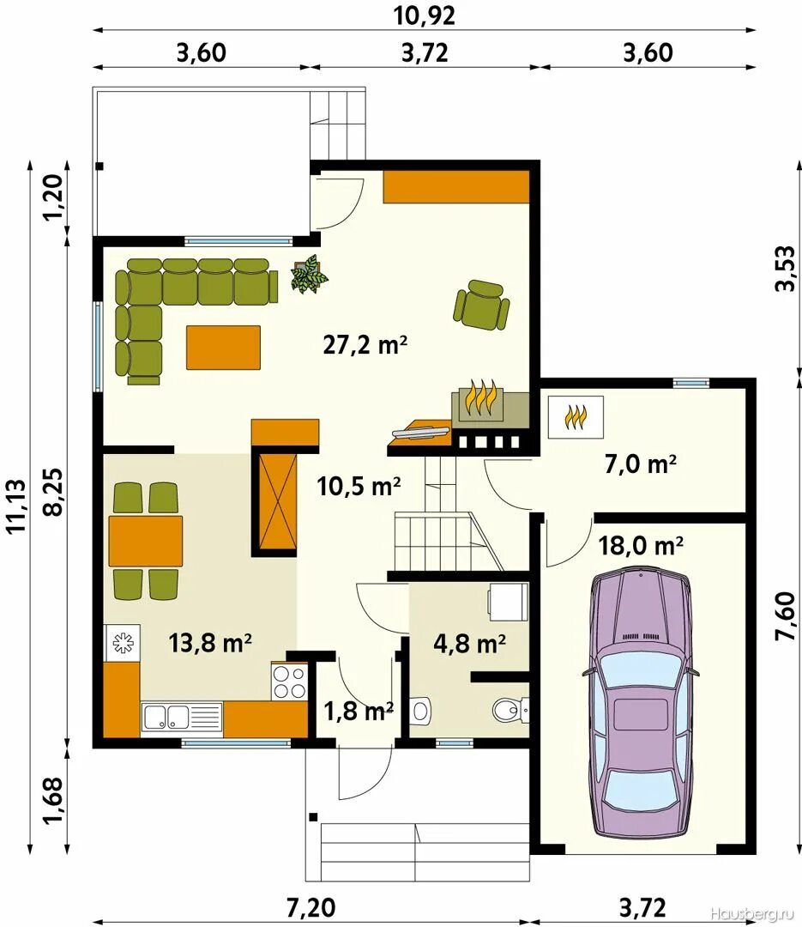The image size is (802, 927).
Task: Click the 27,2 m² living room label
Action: (x=365, y=344)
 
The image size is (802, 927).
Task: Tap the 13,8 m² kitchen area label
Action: (x=210, y=643)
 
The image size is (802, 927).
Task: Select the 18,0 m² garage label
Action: (x=642, y=545)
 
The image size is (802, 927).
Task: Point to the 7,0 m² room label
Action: (x=641, y=464)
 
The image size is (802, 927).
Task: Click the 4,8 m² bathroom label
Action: (x=470, y=643)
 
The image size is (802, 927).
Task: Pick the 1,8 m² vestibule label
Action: (x=359, y=710)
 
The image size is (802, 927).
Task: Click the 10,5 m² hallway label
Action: (x=359, y=487)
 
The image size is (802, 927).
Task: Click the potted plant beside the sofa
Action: (x=309, y=273)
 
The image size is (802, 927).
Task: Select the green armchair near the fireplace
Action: (x=482, y=305)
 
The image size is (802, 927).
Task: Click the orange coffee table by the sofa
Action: (x=223, y=347)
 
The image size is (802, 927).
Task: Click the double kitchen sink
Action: (x=182, y=719)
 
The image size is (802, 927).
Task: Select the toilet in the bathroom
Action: (x=510, y=710)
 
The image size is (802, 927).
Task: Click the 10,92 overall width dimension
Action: (x=425, y=16)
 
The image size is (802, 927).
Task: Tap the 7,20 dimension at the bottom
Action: (x=311, y=907)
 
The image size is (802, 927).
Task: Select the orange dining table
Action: (x=145, y=541)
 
